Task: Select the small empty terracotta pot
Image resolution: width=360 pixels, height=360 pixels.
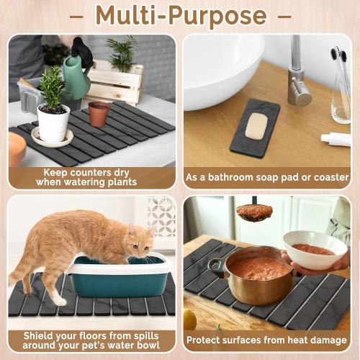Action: [99, 113]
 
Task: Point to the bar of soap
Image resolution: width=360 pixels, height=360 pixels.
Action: [256, 127]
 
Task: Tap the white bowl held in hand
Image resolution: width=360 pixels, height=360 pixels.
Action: [315, 249]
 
